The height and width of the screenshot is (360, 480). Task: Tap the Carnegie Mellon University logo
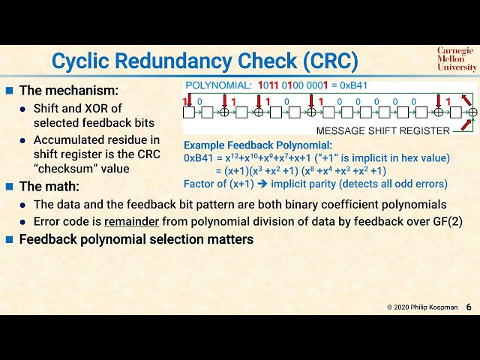(456, 59)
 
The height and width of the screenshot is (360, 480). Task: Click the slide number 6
(469, 307)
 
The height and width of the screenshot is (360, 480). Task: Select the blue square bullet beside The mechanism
(10, 91)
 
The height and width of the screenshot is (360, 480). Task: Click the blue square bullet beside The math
(10, 187)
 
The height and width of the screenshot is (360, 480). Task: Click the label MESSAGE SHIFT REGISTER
(382, 130)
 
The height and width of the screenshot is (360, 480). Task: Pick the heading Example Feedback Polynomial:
(258, 145)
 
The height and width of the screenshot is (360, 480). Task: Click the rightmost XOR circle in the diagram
(472, 112)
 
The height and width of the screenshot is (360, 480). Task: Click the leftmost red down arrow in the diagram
(189, 98)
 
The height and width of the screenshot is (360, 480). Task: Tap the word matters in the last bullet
(230, 240)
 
